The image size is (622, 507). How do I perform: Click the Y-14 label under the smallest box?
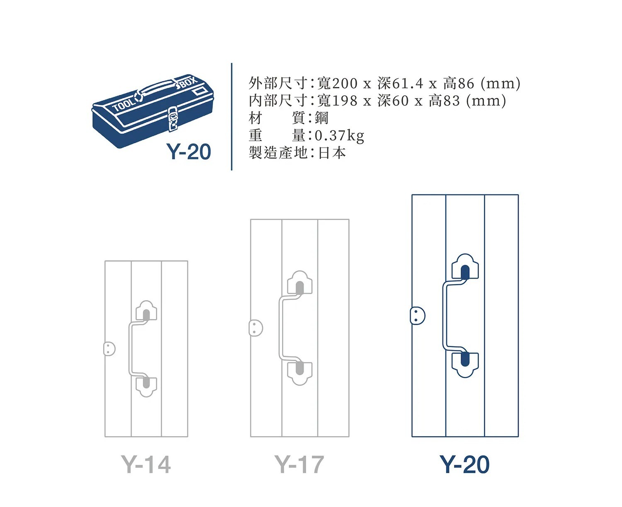click(146, 464)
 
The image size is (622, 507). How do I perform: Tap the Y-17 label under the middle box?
click(299, 464)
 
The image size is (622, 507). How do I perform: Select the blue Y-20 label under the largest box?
click(464, 464)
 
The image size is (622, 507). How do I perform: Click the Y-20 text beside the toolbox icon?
click(189, 152)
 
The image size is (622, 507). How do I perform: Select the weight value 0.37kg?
click(339, 135)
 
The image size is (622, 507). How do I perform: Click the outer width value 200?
click(345, 84)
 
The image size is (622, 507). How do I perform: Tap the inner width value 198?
click(345, 101)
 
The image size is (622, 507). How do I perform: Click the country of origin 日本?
click(332, 153)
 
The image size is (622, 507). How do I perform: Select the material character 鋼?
click(322, 118)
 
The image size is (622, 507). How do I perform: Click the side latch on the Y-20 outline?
click(417, 316)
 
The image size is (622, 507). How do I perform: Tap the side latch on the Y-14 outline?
click(109, 349)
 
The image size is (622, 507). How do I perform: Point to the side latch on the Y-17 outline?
click(255, 328)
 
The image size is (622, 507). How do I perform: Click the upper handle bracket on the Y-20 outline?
click(465, 267)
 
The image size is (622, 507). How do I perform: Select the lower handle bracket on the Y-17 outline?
click(299, 372)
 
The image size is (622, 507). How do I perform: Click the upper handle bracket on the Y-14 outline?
click(146, 311)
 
